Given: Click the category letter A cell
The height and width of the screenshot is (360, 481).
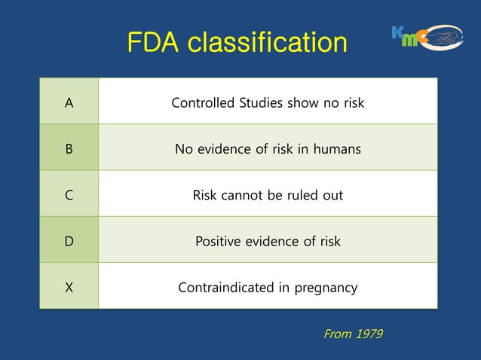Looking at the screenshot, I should tap(69, 102).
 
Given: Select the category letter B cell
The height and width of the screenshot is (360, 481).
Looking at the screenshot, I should tap(69, 149).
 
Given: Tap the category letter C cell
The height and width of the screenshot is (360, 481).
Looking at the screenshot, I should tap(69, 196).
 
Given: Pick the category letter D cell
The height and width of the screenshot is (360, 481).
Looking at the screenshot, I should tap(69, 242).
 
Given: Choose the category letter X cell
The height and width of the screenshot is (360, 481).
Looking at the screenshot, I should tap(69, 288).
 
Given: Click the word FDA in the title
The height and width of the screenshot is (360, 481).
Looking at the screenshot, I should tap(154, 42).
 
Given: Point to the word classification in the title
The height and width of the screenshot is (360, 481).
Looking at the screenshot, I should tap(268, 42).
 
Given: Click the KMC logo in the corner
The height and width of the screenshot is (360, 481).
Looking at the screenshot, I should tap(427, 36).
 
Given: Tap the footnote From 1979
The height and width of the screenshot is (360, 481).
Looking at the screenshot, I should tap(352, 334).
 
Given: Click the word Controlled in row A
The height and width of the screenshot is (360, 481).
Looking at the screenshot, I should tap(202, 102).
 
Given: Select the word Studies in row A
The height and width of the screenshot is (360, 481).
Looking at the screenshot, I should tap(260, 102).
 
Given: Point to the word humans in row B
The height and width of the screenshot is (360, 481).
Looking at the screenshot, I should tap(337, 149).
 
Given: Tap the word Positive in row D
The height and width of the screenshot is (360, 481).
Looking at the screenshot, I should tap(219, 242).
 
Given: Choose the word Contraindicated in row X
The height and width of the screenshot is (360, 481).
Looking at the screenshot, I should tap(223, 288).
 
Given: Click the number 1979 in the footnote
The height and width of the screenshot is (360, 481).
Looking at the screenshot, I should tap(369, 334).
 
